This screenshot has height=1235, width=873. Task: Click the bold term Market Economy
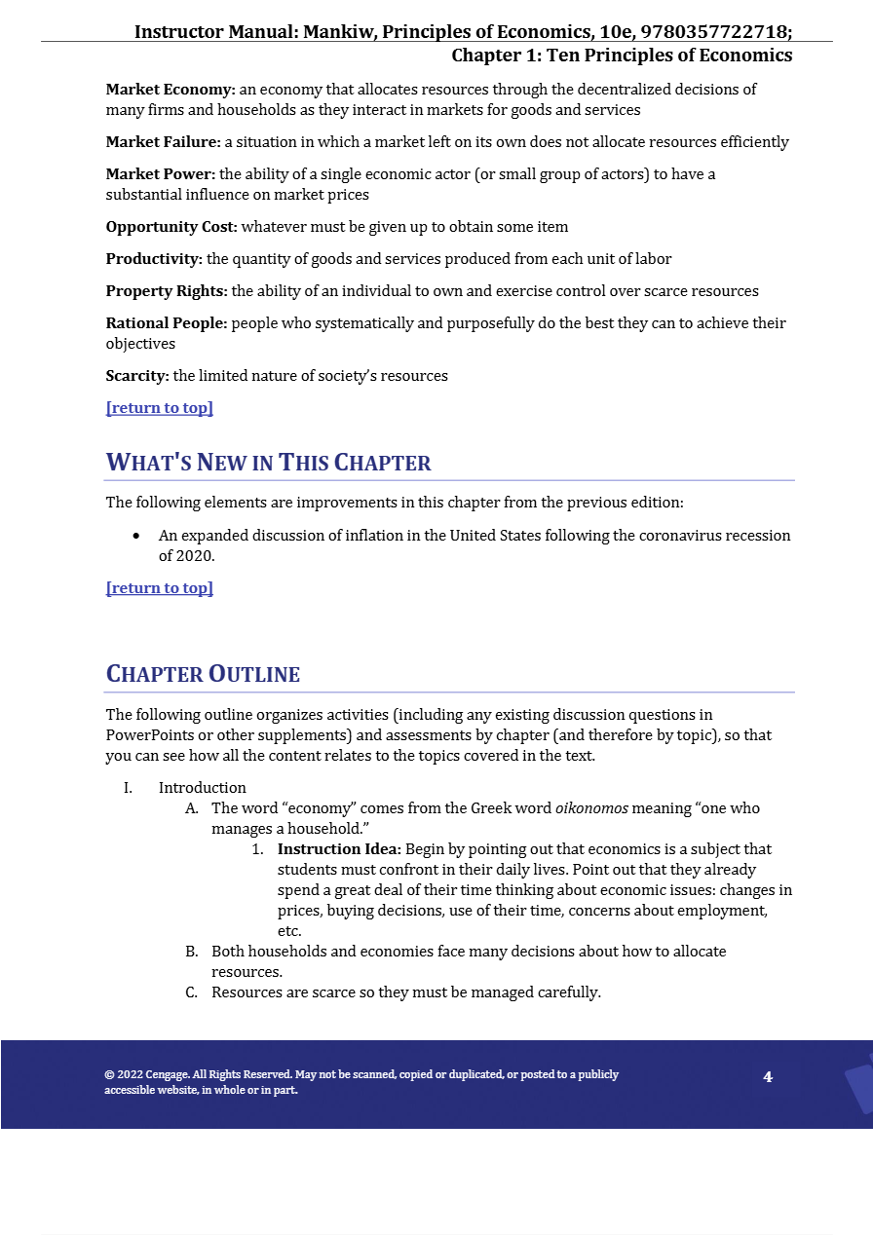(171, 90)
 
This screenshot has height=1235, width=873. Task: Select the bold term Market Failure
(164, 142)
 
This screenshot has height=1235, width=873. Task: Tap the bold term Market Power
(161, 174)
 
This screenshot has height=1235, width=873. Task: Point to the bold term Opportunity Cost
(171, 227)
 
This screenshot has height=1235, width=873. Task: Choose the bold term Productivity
(154, 259)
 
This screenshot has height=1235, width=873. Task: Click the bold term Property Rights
(167, 291)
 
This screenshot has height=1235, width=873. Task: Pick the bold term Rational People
(167, 323)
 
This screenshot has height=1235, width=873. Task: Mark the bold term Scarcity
(137, 376)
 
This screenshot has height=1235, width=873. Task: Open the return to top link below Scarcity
(160, 408)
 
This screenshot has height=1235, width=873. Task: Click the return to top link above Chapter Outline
(160, 588)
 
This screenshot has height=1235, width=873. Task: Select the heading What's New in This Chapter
(268, 463)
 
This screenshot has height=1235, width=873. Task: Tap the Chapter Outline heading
(203, 674)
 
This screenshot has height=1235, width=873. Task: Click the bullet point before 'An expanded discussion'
(136, 536)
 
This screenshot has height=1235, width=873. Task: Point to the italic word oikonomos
(591, 808)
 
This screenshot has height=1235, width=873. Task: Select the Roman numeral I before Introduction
(128, 788)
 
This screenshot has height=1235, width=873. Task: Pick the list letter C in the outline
(192, 992)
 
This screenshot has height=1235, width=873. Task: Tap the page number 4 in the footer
(768, 1077)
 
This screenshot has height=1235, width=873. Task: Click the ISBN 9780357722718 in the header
(714, 32)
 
